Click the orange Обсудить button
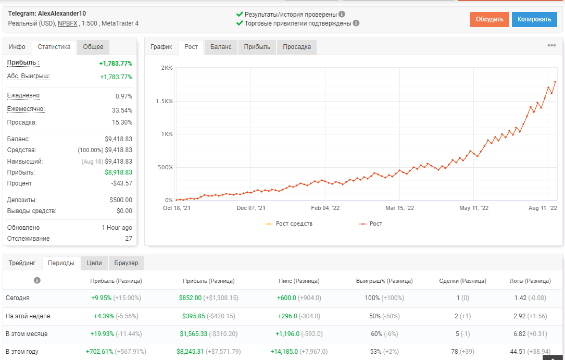[x=489, y=19]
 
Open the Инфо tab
[x=17, y=47]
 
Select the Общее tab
[x=93, y=47]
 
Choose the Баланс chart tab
[x=221, y=47]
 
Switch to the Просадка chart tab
[x=296, y=47]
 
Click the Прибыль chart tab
[x=257, y=47]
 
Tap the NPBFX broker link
[x=67, y=23]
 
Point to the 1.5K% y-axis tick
[x=165, y=101]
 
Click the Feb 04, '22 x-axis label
[x=325, y=208]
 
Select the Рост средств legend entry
[x=288, y=224]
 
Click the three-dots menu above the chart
[x=551, y=45]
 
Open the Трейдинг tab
[x=22, y=263]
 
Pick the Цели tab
[x=94, y=263]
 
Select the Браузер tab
[x=126, y=263]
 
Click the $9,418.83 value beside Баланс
[x=119, y=139]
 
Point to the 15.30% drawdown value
[x=122, y=122]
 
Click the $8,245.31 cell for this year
[x=190, y=351]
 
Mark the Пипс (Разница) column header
[x=299, y=281]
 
